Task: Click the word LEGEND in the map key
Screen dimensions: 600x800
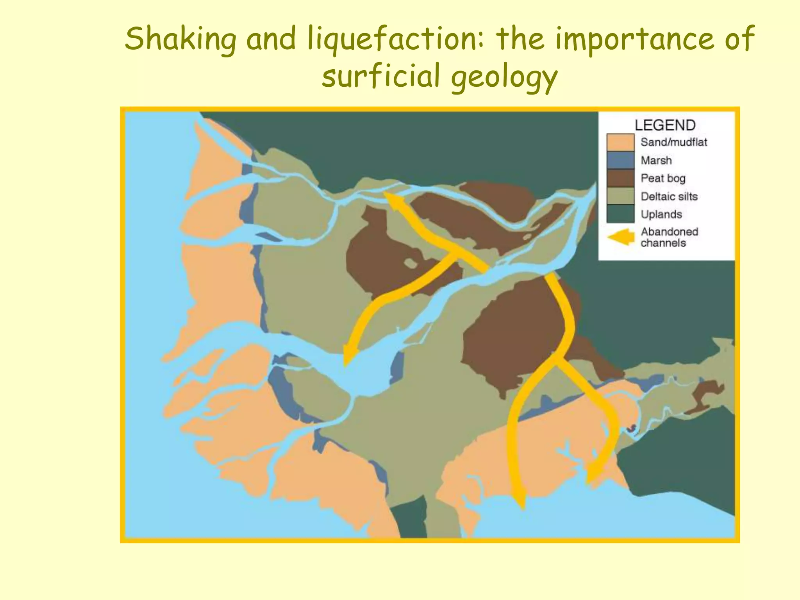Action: pos(665,125)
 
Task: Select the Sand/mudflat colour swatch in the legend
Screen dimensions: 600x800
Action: pos(620,142)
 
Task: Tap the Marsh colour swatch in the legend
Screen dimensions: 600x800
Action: pos(620,161)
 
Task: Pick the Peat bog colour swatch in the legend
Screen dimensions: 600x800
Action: pos(620,178)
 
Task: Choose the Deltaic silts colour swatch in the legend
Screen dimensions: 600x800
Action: pos(620,196)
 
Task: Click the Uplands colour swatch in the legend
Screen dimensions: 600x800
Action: pos(620,214)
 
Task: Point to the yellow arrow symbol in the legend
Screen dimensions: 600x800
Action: pos(621,237)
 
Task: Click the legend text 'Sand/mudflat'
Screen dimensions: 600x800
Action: pos(674,142)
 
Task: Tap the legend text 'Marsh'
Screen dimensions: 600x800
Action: pos(656,161)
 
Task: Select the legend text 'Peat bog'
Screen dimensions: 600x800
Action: pos(663,179)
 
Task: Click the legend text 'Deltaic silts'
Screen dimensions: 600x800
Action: pos(669,196)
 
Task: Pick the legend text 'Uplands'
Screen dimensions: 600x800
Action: pos(661,214)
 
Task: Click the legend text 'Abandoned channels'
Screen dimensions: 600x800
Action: pos(669,237)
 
